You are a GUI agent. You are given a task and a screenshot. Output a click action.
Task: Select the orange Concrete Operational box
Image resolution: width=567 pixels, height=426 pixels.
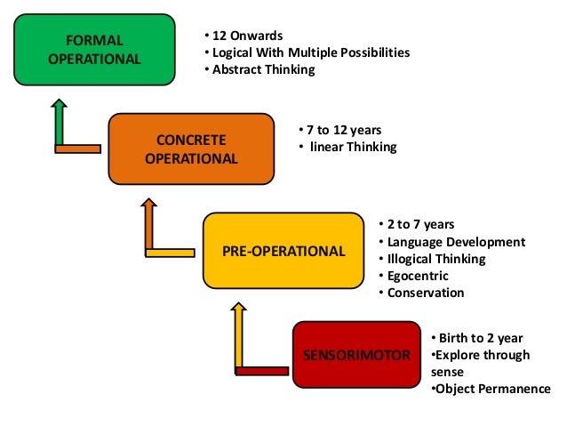[x=191, y=149]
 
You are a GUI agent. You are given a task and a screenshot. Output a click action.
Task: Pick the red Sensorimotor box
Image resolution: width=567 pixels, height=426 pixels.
[x=356, y=356]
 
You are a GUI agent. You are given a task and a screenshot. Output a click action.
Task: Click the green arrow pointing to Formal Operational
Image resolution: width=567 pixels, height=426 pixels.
[x=60, y=120]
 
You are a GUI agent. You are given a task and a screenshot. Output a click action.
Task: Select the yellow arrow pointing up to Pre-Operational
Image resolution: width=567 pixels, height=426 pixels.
[x=238, y=334]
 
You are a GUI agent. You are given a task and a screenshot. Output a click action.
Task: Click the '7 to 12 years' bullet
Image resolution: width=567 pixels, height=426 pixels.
[x=338, y=130]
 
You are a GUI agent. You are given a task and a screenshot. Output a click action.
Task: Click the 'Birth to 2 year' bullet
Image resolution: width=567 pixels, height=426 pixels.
[x=481, y=338]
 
